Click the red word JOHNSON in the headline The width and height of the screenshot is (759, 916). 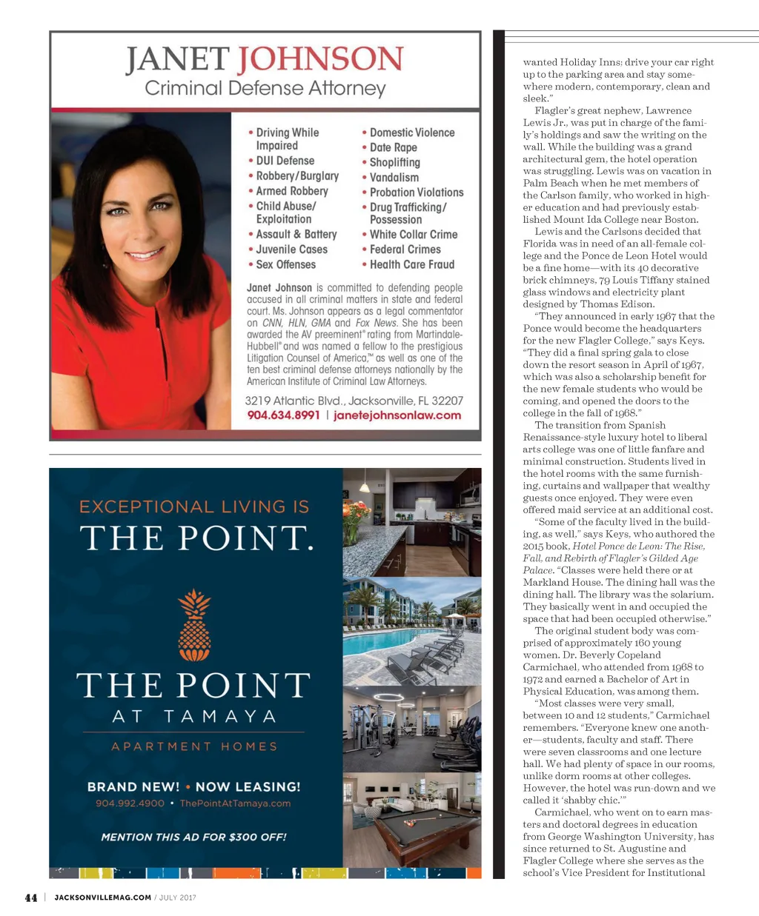[x=320, y=59]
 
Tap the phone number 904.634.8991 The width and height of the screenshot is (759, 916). [x=283, y=415]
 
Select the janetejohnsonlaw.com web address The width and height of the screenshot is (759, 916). [x=397, y=415]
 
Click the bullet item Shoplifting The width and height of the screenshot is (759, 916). [x=394, y=162]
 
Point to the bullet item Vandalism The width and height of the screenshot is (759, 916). [x=394, y=178]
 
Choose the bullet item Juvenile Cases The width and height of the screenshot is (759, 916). [x=291, y=250]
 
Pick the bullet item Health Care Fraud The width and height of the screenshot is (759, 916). [x=411, y=264]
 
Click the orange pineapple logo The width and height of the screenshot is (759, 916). [x=194, y=626]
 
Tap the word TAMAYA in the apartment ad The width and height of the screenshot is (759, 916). [x=220, y=717]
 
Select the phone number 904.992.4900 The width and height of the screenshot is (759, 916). [x=130, y=803]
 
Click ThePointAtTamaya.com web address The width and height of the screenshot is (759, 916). [x=235, y=803]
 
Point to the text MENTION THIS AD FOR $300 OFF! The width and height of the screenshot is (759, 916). [x=193, y=838]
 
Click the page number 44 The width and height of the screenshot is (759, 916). [x=31, y=897]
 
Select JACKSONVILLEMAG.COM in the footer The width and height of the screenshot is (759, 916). [x=103, y=897]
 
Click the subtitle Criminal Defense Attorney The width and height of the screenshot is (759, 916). [x=265, y=89]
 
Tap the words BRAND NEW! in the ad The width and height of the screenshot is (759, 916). [x=133, y=787]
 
